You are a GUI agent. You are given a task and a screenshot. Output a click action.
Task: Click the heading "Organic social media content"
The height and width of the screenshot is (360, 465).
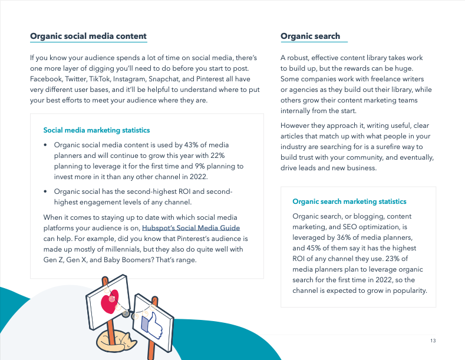pos(88,37)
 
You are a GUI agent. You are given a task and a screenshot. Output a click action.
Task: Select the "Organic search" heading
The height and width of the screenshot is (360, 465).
pos(310,37)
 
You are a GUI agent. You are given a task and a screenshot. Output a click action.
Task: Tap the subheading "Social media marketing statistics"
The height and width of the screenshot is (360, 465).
pos(97,130)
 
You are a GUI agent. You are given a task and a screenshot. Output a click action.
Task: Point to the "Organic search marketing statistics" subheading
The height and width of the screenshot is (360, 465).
pos(349,202)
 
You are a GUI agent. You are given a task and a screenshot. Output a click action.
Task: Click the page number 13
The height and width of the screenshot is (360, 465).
pos(433,341)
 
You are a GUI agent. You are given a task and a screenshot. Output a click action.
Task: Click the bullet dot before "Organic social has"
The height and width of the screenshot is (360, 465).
pos(45,191)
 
